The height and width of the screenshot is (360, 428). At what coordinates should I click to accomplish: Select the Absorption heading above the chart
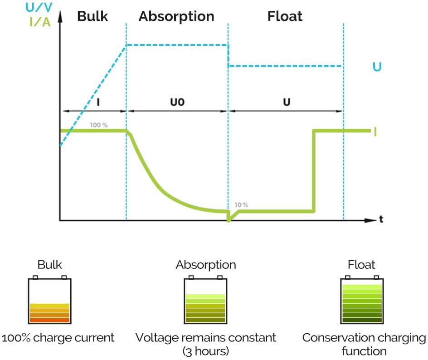pyautogui.click(x=176, y=17)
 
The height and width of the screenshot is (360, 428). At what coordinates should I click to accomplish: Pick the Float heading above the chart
pyautogui.click(x=285, y=17)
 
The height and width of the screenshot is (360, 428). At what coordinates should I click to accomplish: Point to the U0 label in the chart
pyautogui.click(x=177, y=102)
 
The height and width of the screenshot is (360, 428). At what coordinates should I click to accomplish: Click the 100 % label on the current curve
pyautogui.click(x=99, y=124)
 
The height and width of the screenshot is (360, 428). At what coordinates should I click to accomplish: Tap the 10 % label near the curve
pyautogui.click(x=241, y=205)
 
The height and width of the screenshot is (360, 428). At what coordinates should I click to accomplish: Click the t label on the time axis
pyautogui.click(x=381, y=219)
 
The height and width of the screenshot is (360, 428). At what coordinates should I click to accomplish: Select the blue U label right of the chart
pyautogui.click(x=377, y=67)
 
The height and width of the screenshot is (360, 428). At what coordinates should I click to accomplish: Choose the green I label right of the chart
pyautogui.click(x=375, y=131)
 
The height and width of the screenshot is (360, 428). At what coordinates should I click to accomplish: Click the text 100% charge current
pyautogui.click(x=58, y=338)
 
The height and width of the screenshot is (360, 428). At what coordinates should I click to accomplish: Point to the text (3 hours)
pyautogui.click(x=205, y=351)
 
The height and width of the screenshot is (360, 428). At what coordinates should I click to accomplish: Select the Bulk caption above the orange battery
pyautogui.click(x=50, y=265)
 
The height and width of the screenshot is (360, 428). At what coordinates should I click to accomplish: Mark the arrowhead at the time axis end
pyautogui.click(x=373, y=221)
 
